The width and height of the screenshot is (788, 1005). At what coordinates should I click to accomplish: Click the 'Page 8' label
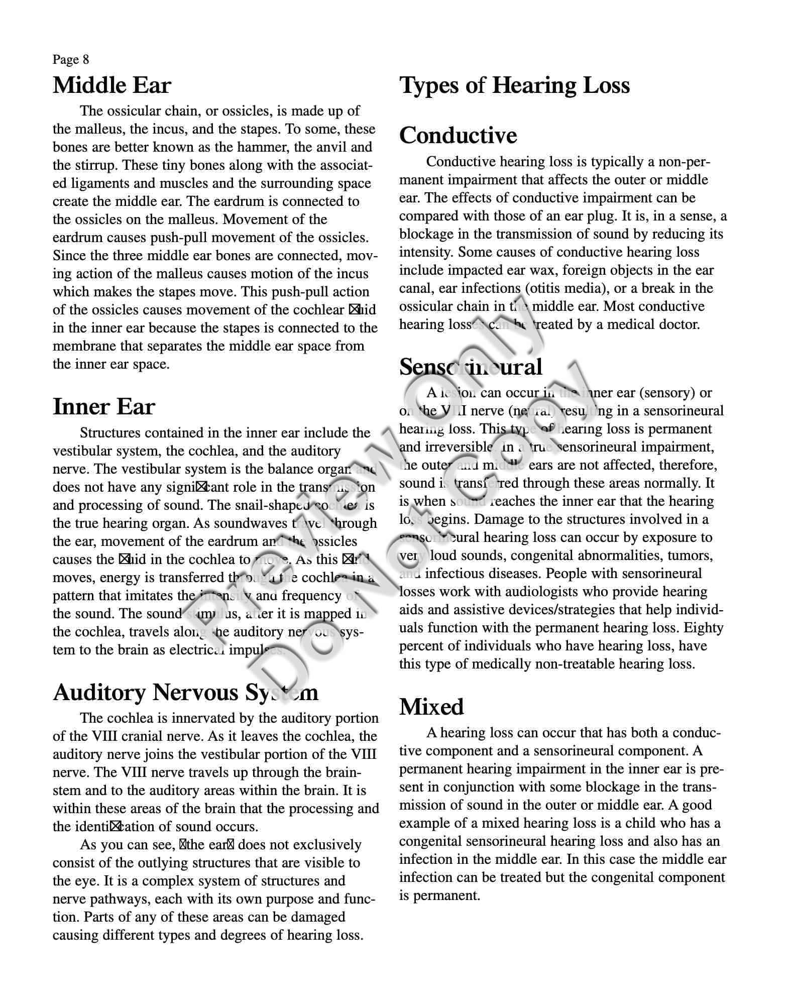71,60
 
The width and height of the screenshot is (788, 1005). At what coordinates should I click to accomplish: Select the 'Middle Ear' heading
112,85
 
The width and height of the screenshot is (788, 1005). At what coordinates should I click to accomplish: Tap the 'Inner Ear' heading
104,407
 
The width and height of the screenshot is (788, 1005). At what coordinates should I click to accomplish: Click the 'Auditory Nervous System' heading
185,692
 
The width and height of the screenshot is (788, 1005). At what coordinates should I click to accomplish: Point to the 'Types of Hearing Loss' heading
514,85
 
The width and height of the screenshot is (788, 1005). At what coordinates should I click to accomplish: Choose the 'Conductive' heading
458,136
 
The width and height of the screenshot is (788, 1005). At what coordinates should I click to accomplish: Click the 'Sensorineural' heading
471,367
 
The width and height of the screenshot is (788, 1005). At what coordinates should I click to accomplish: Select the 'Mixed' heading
431,707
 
